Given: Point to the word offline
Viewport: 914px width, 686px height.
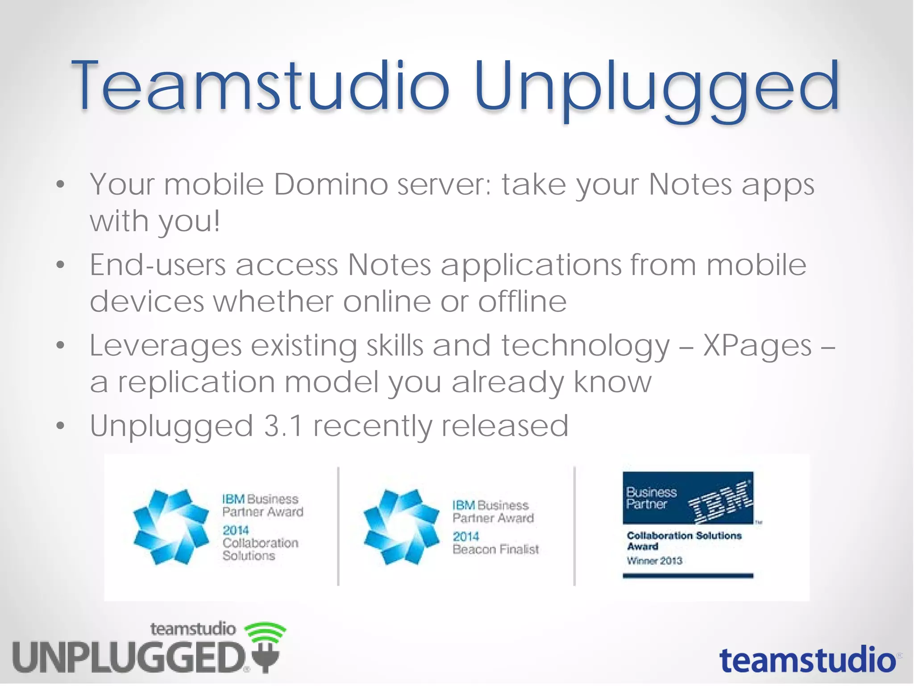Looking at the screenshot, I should tap(522, 301).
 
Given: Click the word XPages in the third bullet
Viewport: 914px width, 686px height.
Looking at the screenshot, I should tap(757, 346).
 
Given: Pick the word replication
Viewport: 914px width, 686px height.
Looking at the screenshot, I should tap(196, 382).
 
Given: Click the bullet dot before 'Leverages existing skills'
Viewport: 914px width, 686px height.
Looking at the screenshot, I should tap(61, 345).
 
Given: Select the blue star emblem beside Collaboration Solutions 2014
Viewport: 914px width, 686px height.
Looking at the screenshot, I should tap(171, 527).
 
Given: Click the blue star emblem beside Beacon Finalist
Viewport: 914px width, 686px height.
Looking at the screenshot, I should tap(401, 527).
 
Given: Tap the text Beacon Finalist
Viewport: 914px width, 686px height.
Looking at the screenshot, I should tap(495, 549).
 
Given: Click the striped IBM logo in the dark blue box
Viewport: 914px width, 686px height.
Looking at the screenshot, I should tap(720, 502).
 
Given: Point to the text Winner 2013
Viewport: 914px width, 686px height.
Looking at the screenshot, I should tap(654, 561).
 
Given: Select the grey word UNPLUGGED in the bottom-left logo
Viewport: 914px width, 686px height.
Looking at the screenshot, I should tap(129, 657).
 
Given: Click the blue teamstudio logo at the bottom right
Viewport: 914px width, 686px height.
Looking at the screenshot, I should tap(808, 661).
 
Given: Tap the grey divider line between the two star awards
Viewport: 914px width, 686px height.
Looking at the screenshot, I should tap(338, 526).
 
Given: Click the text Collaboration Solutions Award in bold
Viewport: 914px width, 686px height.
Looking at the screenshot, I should tap(683, 540).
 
